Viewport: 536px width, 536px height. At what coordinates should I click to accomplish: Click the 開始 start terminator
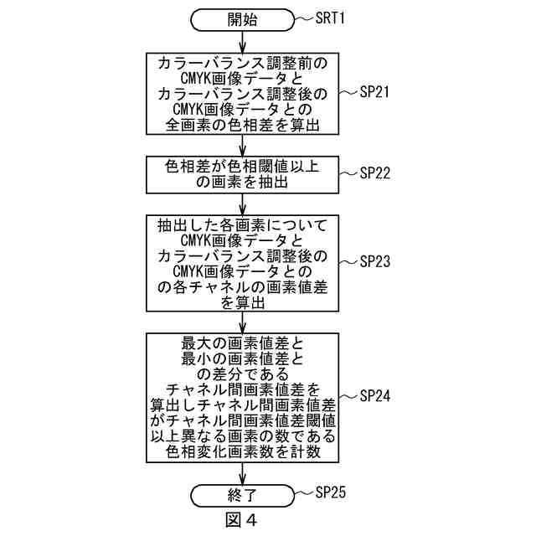243,19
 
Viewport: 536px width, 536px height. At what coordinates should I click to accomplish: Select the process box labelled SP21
243,93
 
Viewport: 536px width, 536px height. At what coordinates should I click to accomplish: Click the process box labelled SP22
243,174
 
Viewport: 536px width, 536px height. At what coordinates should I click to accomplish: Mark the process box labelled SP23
243,262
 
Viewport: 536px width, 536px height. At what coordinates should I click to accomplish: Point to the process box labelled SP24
243,397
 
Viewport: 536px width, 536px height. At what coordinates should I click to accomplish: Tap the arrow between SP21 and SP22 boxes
243,145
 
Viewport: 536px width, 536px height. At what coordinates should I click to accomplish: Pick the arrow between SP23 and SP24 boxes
243,322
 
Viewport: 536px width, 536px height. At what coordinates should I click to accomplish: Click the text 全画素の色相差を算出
243,125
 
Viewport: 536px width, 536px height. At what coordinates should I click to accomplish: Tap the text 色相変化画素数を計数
243,453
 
